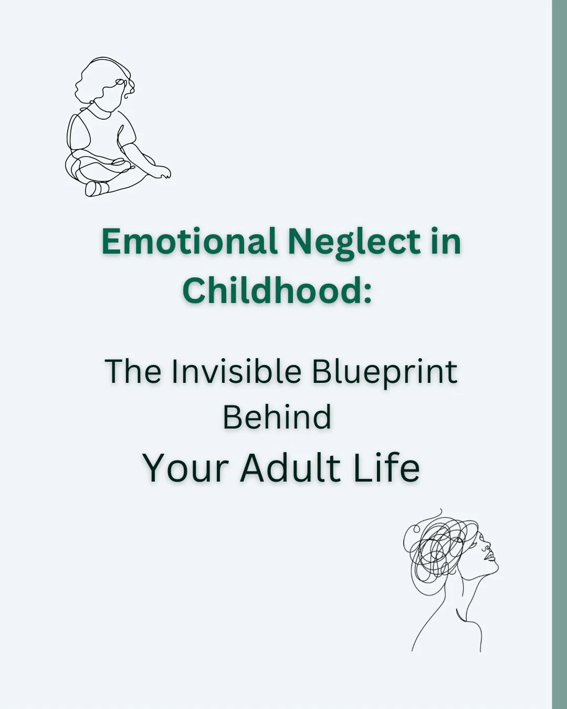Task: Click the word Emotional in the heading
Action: tap(189, 242)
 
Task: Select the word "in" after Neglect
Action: tap(446, 242)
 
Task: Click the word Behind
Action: tap(277, 417)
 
